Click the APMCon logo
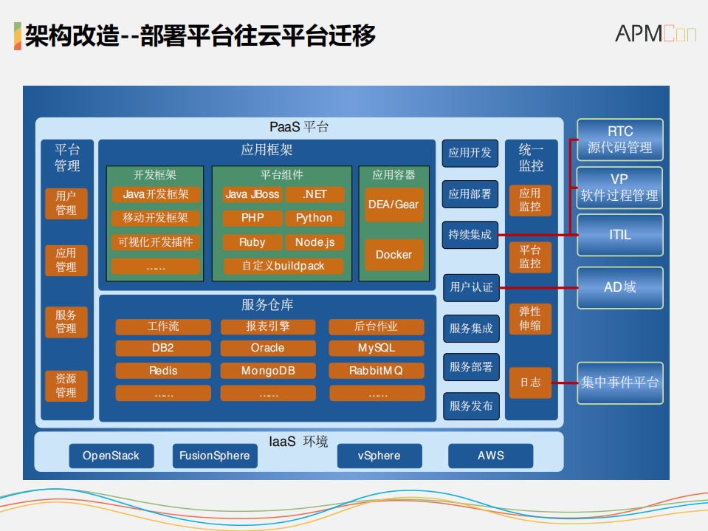656,33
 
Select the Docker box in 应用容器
393,255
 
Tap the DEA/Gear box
393,205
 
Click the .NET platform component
315,194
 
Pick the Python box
315,218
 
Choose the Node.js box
315,242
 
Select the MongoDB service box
268,371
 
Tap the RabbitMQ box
377,371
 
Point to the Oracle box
268,348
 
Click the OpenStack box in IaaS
111,456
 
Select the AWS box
490,456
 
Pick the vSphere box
379,456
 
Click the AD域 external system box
619,287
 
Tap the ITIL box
619,235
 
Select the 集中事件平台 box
619,383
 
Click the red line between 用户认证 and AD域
537,287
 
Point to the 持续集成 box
470,235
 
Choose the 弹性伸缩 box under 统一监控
529,318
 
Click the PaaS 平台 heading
299,127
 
